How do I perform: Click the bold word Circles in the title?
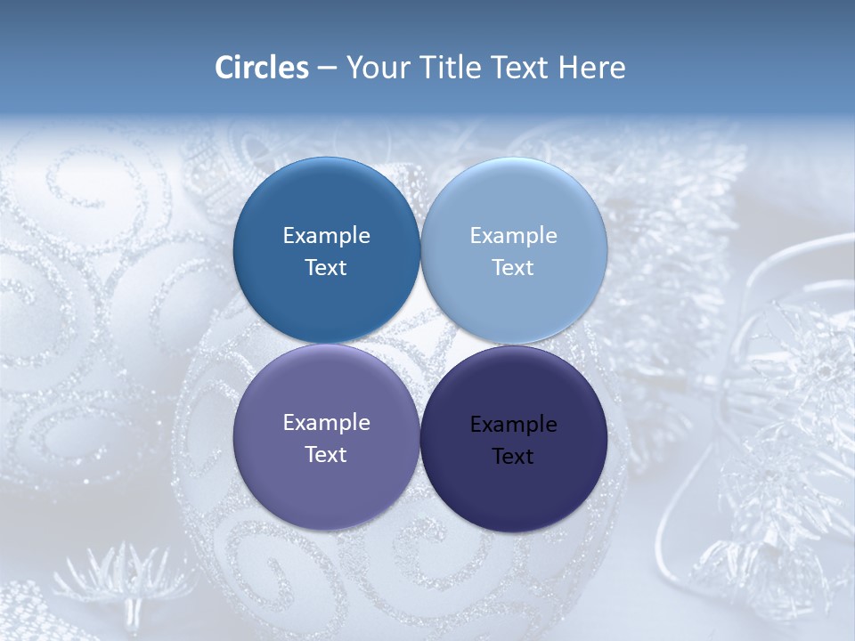tap(262, 68)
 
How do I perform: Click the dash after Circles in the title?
tap(327, 69)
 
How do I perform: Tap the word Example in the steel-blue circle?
tap(326, 235)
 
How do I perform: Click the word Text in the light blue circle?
tap(513, 267)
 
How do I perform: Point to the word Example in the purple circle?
tap(326, 422)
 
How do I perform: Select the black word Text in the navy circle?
tap(513, 456)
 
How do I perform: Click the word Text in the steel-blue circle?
tap(326, 267)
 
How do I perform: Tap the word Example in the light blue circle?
tap(513, 235)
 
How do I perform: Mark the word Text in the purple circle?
tap(326, 454)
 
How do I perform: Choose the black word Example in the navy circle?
tap(513, 424)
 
